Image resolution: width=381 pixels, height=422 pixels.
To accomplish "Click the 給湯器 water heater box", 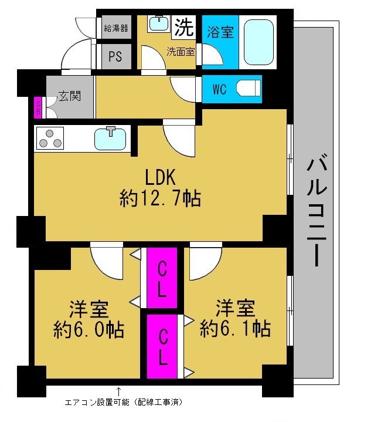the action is (x=116, y=27).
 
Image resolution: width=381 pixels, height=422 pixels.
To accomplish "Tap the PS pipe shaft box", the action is (x=116, y=56).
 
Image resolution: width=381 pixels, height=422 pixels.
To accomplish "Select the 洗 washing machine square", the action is (x=184, y=27).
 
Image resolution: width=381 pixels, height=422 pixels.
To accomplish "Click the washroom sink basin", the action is (x=159, y=23).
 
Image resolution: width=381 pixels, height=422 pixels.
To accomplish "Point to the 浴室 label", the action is (x=220, y=32).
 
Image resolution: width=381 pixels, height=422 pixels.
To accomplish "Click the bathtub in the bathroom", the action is (x=258, y=42).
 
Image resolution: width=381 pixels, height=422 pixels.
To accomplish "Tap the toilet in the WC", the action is (x=249, y=88).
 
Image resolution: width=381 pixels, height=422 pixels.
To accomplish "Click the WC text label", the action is (x=220, y=90).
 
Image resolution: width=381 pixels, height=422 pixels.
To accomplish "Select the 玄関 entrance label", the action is (x=70, y=96).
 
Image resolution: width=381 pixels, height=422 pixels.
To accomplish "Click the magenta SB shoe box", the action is (x=38, y=107).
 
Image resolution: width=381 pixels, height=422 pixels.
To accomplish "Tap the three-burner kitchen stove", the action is (x=50, y=139).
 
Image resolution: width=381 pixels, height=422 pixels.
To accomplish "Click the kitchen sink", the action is (x=110, y=139).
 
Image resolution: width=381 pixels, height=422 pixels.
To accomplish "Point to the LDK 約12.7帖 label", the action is (x=160, y=187).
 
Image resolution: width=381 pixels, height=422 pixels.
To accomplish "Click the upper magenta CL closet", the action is (x=162, y=278).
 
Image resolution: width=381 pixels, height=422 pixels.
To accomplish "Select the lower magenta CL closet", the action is (x=162, y=347).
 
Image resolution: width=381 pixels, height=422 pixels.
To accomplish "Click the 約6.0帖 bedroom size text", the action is (x=89, y=330).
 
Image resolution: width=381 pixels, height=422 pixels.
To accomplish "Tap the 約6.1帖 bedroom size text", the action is (x=235, y=328).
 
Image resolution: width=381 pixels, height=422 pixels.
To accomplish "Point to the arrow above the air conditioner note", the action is (x=118, y=391).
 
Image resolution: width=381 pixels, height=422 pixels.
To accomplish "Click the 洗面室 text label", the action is (x=181, y=52).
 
